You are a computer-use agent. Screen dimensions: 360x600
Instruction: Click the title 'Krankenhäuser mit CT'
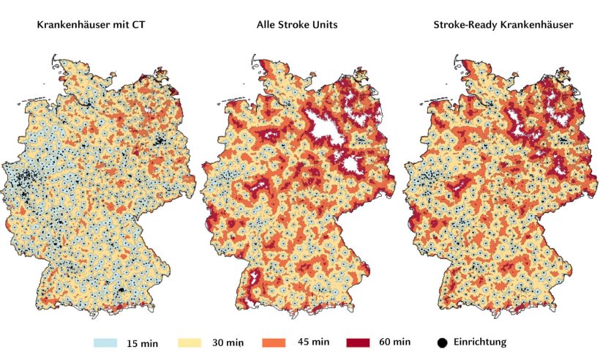(91, 26)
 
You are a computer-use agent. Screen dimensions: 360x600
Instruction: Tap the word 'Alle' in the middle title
(267, 26)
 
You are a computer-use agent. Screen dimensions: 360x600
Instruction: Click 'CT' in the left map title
(138, 26)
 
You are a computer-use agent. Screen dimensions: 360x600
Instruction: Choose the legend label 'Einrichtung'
(479, 342)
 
